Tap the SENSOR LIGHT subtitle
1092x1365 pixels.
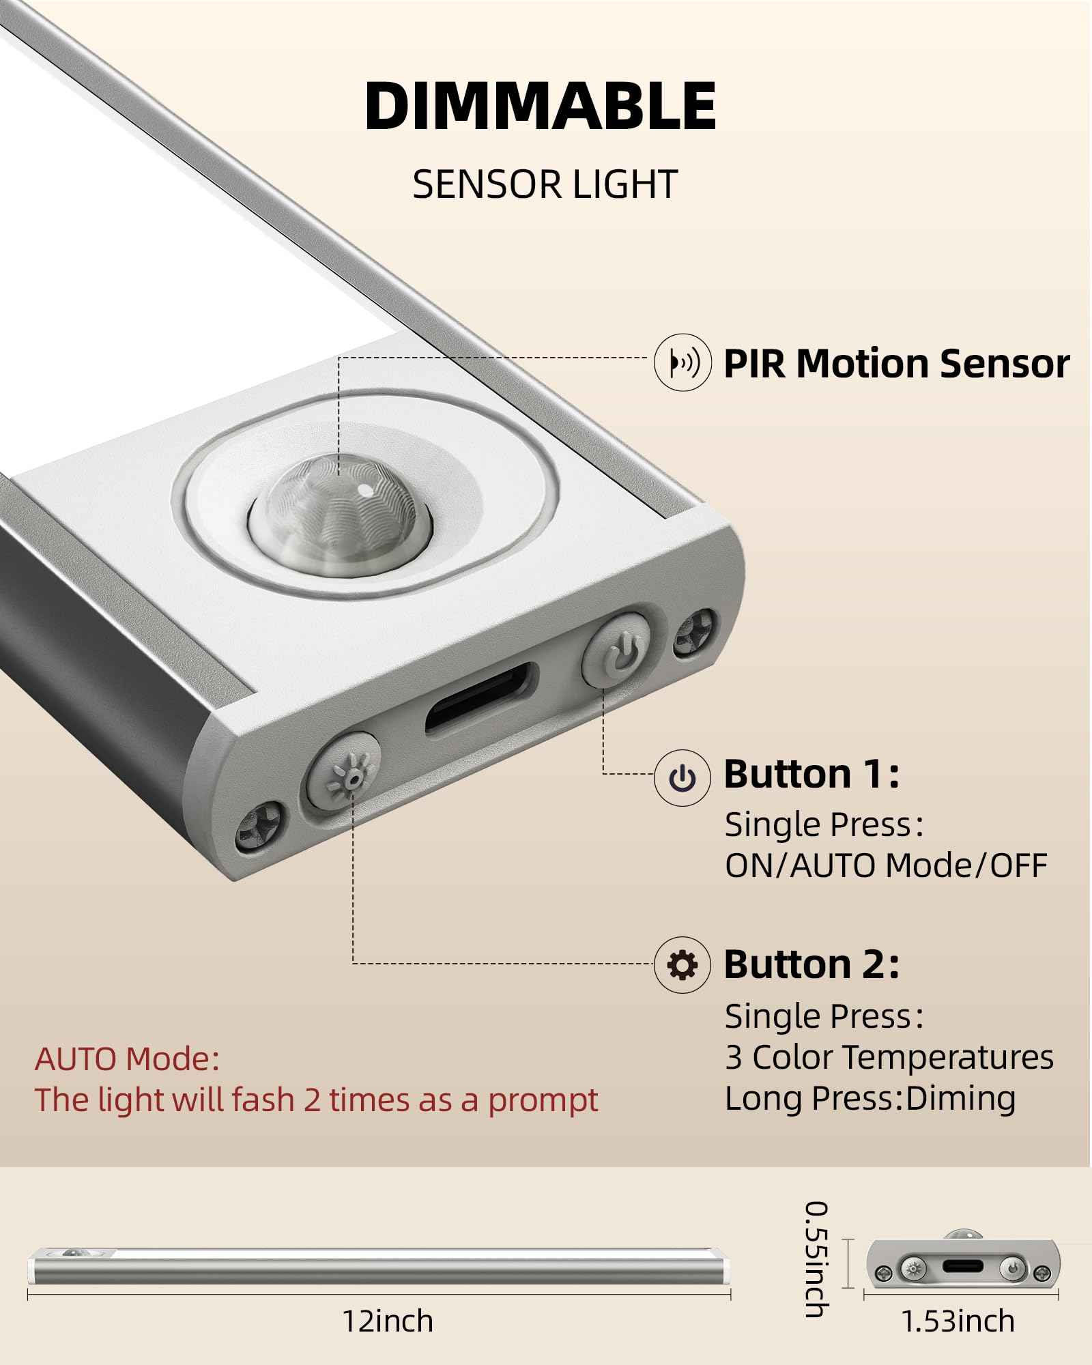tap(545, 184)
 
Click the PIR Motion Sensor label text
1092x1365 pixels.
tap(896, 363)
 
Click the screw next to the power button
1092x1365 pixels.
tap(695, 634)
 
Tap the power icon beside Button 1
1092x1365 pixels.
tap(682, 777)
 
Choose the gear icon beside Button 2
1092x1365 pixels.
tap(682, 964)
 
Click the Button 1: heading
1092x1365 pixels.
tap(811, 774)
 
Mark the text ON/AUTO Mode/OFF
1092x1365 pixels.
tap(886, 865)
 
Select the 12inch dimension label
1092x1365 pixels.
tap(388, 1321)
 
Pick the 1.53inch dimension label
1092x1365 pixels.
tap(958, 1321)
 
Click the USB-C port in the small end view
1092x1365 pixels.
tap(963, 1266)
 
